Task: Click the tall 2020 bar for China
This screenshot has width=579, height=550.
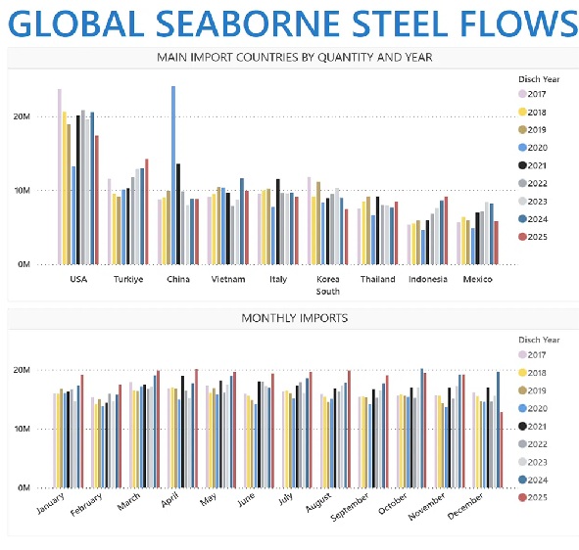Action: (173, 175)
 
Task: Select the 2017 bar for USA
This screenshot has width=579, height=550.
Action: (60, 177)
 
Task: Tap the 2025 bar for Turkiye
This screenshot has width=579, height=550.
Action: (147, 211)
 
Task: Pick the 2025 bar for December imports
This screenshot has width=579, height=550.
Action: (501, 450)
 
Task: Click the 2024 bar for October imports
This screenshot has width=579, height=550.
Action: (421, 429)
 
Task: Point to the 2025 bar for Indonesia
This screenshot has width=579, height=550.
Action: (446, 231)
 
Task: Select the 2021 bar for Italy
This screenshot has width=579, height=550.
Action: (278, 222)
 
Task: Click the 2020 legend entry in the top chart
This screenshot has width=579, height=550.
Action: (533, 148)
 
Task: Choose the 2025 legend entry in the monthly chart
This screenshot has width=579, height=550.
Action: (533, 497)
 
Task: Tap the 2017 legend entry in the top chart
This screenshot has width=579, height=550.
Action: (532, 94)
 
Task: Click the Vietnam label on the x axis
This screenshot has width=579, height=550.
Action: (228, 279)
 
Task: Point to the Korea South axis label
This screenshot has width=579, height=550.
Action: (328, 285)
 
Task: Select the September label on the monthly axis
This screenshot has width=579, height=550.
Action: (350, 507)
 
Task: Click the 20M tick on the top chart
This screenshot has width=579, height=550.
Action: (22, 116)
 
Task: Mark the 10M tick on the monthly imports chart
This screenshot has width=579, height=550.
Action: (22, 429)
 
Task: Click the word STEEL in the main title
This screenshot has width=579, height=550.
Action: (399, 23)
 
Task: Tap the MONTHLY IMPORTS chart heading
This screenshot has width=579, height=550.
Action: (295, 318)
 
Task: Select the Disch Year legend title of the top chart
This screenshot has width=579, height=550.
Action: (539, 79)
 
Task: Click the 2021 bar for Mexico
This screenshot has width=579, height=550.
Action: (477, 238)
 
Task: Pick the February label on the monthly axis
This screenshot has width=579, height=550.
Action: (86, 505)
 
